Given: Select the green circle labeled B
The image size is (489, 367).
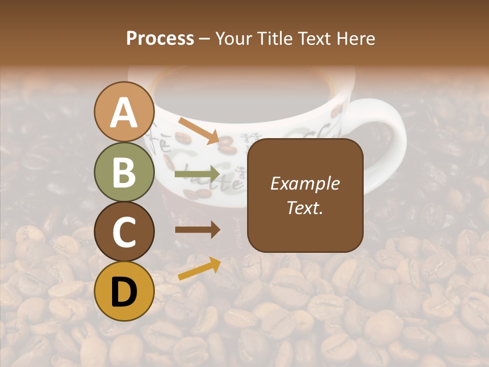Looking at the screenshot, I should [124, 172].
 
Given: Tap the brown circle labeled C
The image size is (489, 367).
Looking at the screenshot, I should [124, 232].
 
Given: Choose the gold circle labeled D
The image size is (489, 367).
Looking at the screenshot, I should [124, 291].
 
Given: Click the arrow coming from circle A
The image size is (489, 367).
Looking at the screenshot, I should [199, 130].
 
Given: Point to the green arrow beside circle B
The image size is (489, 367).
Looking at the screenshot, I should [197, 174].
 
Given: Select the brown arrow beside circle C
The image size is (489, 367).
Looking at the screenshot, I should [197, 230].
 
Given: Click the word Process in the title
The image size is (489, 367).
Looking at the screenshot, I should [160, 39].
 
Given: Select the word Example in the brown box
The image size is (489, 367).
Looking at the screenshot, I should [305, 183].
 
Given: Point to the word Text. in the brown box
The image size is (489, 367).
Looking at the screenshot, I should [305, 208].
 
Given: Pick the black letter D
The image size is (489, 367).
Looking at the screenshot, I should [124, 292].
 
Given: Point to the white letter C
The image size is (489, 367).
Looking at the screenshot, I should [124, 232].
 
